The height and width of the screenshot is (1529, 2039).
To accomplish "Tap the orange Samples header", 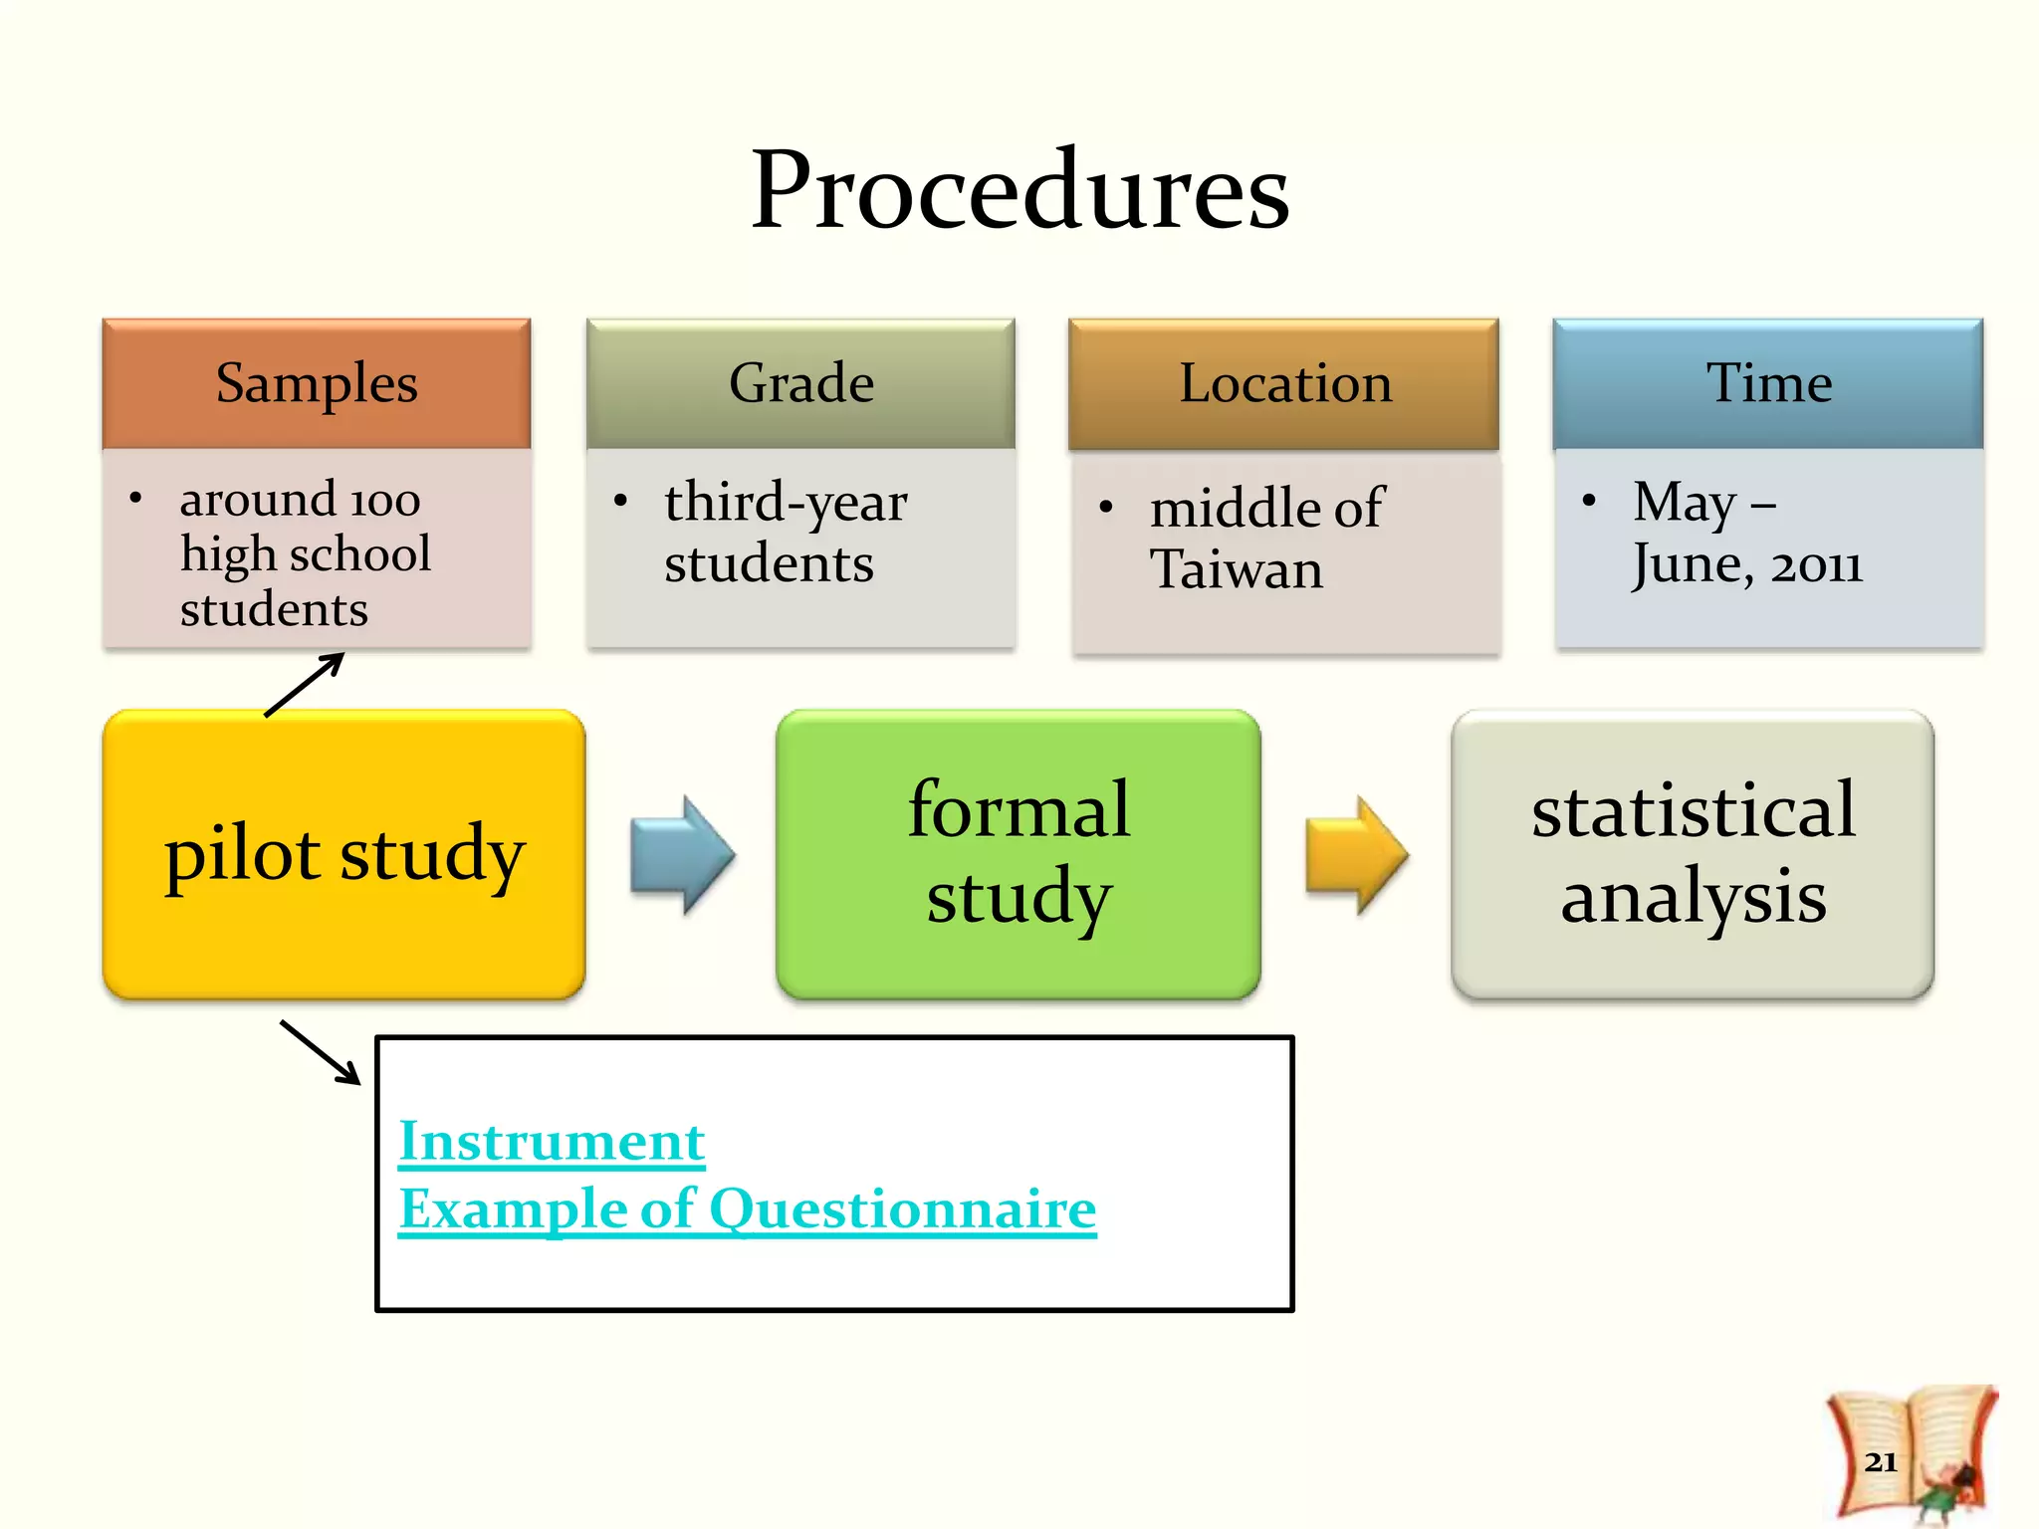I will (x=317, y=383).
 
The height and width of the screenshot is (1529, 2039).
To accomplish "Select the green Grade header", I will (x=800, y=383).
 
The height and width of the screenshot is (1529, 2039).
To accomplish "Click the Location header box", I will (x=1284, y=383).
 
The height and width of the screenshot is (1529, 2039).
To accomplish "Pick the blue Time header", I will (x=1768, y=383).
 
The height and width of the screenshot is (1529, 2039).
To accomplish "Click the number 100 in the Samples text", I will (x=384, y=501).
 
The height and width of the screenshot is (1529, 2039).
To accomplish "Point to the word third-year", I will (x=786, y=503).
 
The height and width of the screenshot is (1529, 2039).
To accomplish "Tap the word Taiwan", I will (x=1237, y=570).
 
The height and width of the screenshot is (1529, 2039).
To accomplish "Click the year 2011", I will (x=1816, y=565).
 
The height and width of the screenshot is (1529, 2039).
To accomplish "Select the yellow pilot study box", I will (x=343, y=854).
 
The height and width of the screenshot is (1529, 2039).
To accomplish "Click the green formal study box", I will (x=1018, y=854).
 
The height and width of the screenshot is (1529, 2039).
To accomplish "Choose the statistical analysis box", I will (x=1693, y=854).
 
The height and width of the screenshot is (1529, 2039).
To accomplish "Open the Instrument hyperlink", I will (x=552, y=1142).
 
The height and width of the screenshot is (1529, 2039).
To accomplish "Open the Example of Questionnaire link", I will (x=747, y=1209).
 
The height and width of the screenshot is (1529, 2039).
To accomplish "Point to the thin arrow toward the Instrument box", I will (x=321, y=1052).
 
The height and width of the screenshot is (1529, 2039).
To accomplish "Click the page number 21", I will (x=1881, y=1461).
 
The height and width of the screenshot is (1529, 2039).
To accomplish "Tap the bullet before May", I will (x=1589, y=501).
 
